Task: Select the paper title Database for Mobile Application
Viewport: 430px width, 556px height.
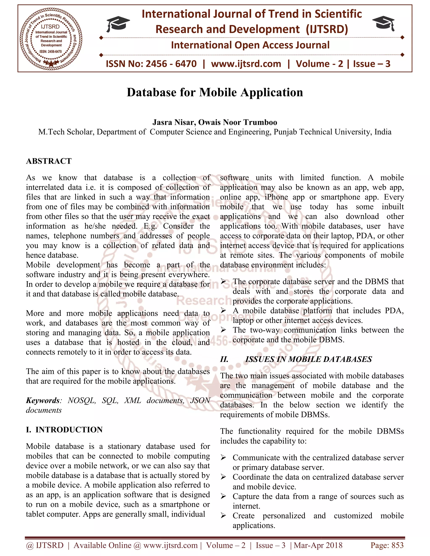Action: tap(215, 92)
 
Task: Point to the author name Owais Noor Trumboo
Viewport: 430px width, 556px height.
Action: tap(237, 123)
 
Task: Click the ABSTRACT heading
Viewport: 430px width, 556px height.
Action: tap(49, 161)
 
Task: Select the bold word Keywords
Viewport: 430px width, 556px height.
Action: tap(43, 401)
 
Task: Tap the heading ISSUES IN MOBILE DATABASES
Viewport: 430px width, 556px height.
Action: tap(308, 359)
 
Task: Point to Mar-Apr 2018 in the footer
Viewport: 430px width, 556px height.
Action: tap(318, 545)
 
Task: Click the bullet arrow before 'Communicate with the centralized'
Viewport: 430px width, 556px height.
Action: tap(223, 458)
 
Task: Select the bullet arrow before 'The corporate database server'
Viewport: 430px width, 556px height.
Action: tap(223, 282)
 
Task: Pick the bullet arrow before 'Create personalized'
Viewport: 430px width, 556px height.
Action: tap(223, 516)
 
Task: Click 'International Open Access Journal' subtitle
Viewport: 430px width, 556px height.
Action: tap(250, 45)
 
